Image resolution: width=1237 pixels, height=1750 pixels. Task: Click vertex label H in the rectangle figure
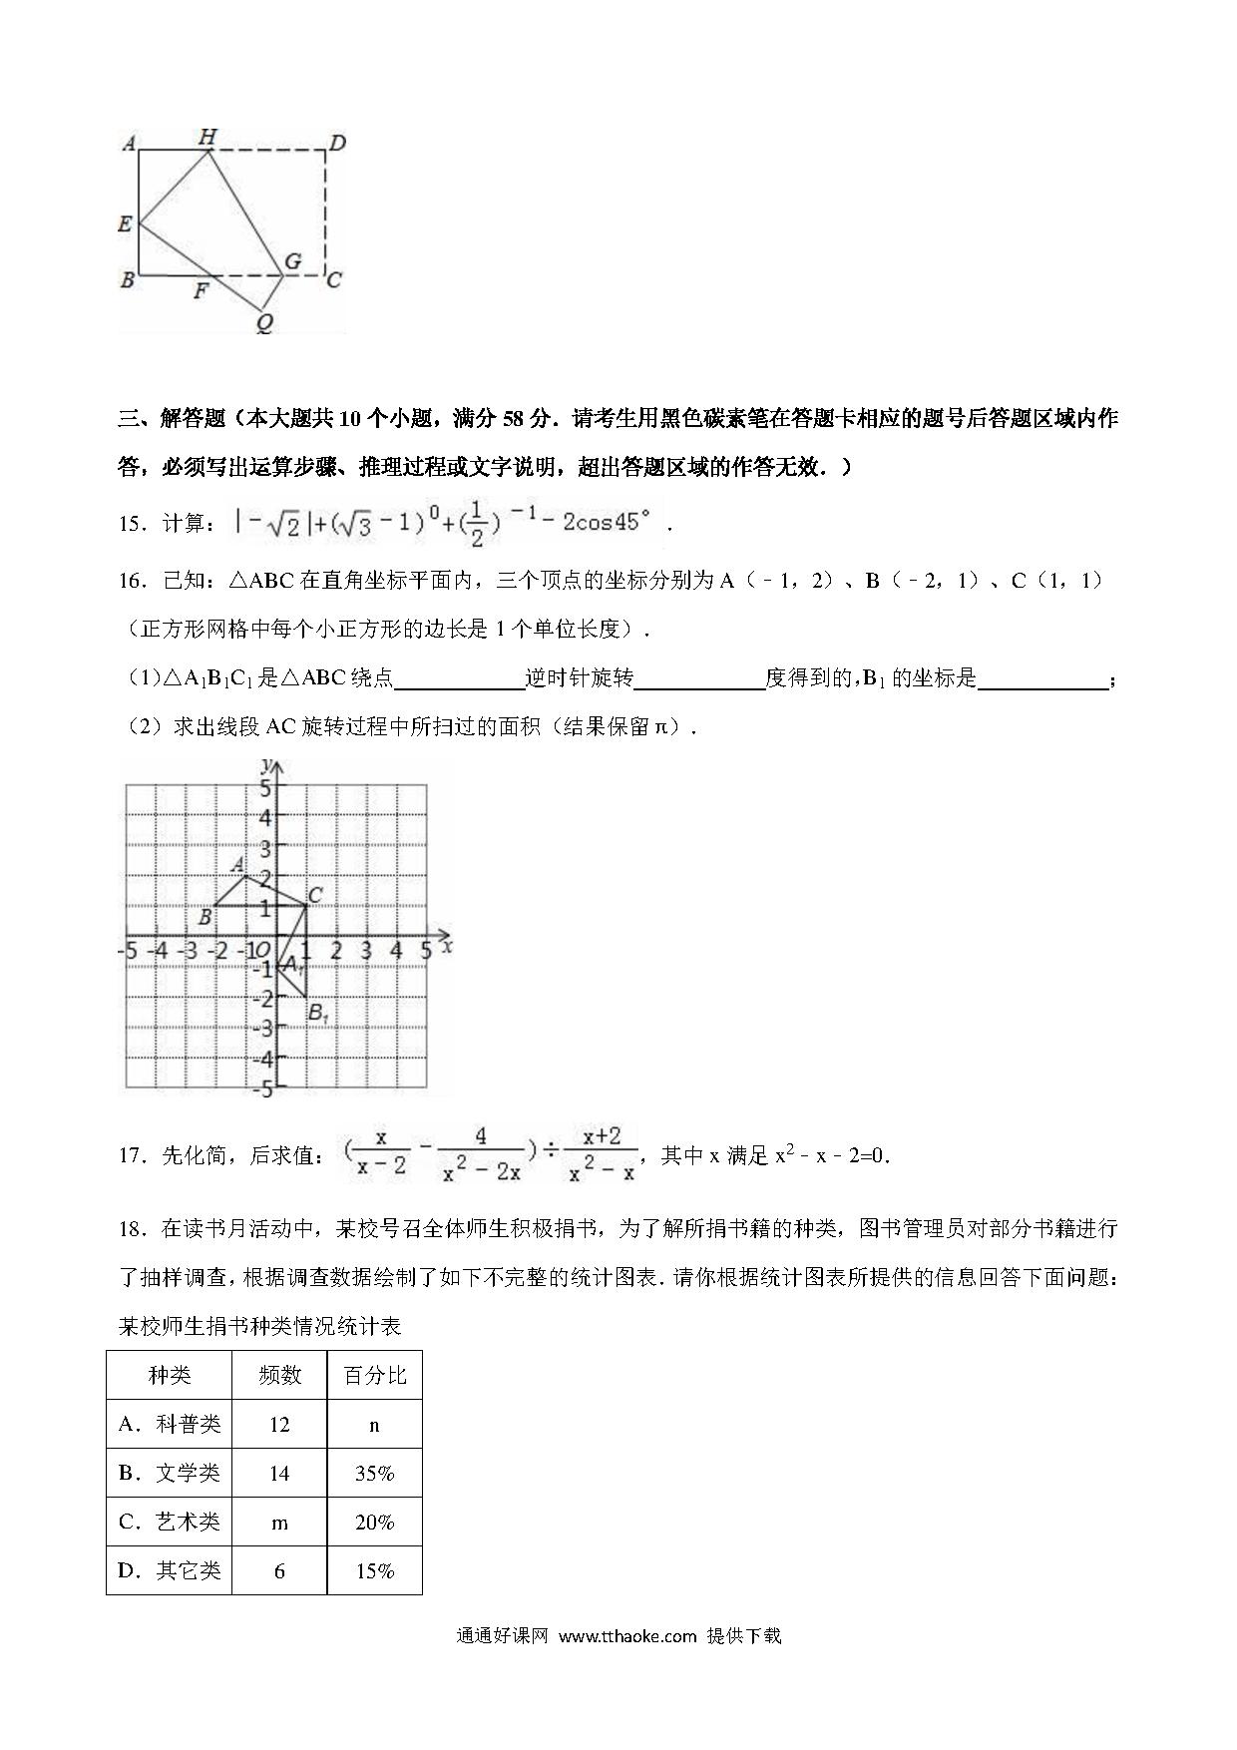tap(207, 137)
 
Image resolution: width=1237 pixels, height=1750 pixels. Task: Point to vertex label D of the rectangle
tap(337, 144)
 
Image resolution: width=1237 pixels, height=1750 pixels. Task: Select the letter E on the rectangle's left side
tap(125, 223)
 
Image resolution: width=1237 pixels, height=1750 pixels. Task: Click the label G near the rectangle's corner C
tap(292, 261)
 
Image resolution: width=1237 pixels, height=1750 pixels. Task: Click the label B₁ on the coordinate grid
tap(318, 1014)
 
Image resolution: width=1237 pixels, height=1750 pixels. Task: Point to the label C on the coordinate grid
tap(314, 895)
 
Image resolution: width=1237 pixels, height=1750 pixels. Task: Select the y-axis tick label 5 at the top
tap(264, 787)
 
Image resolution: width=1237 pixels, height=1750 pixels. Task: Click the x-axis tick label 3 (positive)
tap(366, 951)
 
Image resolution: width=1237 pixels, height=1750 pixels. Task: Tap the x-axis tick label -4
tap(158, 951)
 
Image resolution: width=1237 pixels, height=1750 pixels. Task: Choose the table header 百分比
tap(374, 1375)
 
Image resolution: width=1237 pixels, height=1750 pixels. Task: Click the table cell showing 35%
tap(374, 1473)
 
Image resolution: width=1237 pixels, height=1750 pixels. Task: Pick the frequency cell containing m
tap(279, 1522)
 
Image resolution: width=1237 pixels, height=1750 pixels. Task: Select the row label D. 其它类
tap(169, 1570)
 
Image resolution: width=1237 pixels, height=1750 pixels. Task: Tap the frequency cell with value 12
tap(279, 1425)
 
